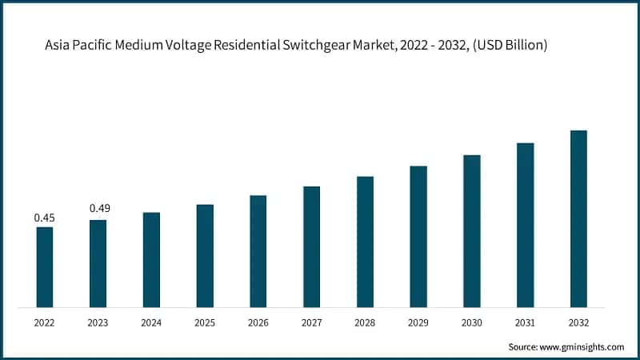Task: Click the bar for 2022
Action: (x=44, y=267)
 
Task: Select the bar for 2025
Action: (x=205, y=256)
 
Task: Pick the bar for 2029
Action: (x=418, y=237)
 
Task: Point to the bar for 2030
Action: (x=472, y=231)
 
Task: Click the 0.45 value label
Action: (x=44, y=218)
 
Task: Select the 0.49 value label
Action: (x=99, y=209)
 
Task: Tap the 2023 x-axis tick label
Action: (x=98, y=323)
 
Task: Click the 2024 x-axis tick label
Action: (x=151, y=323)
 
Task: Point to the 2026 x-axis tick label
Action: (x=258, y=323)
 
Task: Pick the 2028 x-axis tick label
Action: (x=365, y=323)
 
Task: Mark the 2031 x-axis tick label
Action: (x=525, y=323)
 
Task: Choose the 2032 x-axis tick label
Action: (x=578, y=323)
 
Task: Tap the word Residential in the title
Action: (x=248, y=46)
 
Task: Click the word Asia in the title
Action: (x=58, y=46)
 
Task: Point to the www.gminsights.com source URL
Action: (x=582, y=346)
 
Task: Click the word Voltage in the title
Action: (x=191, y=46)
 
